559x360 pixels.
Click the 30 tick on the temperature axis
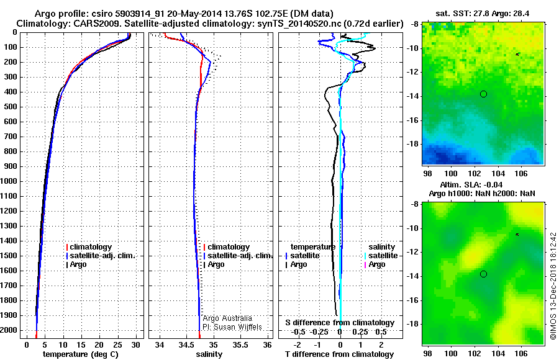[x=136, y=344]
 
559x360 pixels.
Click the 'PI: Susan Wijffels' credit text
[x=232, y=326]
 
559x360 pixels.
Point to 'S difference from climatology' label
[x=340, y=323]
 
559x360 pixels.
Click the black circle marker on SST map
[x=483, y=94]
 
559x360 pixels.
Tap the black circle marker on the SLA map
[x=483, y=274]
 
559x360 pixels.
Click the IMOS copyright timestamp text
[x=553, y=286]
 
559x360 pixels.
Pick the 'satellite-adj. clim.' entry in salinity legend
[x=239, y=256]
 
